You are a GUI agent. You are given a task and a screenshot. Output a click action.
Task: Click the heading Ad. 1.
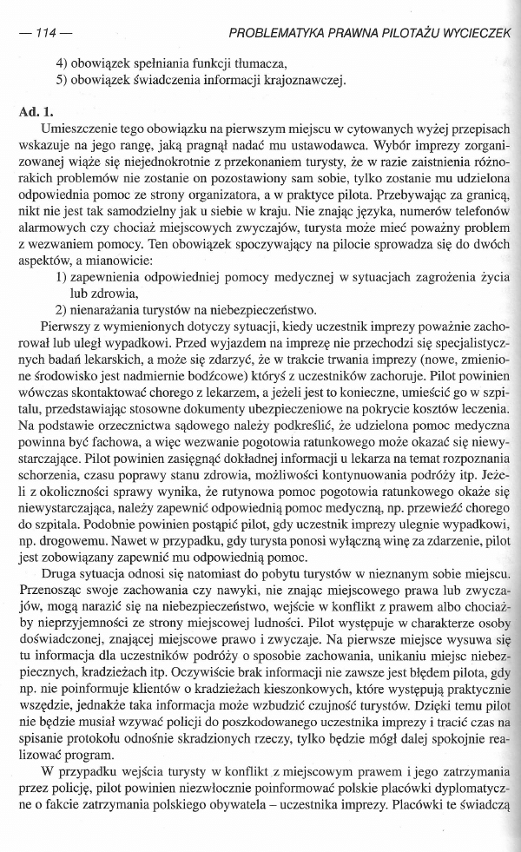pyautogui.click(x=36, y=113)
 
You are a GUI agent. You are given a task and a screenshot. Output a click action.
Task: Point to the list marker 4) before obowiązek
pyautogui.click(x=63, y=65)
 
